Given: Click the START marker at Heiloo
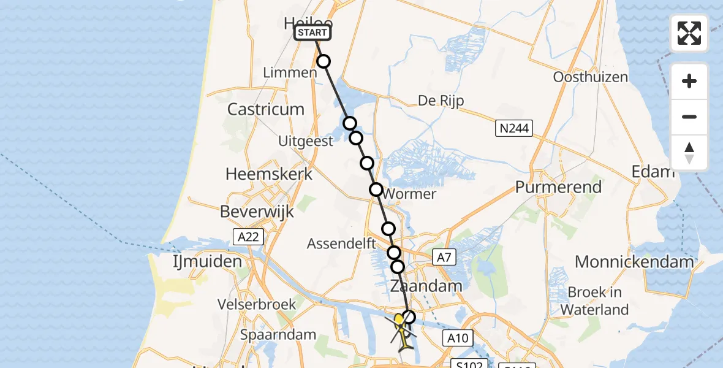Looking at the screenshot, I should click(313, 32).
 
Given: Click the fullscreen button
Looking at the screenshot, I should click(689, 33).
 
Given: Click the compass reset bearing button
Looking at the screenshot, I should click(689, 153).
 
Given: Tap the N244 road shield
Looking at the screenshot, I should click(513, 128).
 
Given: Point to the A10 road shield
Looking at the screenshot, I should click(458, 338).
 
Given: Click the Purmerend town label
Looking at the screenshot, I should click(558, 187).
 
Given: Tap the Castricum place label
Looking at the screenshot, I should click(265, 109).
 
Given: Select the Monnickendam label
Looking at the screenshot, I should click(634, 262).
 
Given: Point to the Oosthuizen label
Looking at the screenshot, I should click(590, 77).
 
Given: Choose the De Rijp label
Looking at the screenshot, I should click(441, 101).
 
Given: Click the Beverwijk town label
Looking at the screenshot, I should click(257, 212).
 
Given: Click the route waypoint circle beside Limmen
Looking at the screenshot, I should click(324, 61).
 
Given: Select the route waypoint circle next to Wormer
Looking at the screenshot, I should click(376, 190).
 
